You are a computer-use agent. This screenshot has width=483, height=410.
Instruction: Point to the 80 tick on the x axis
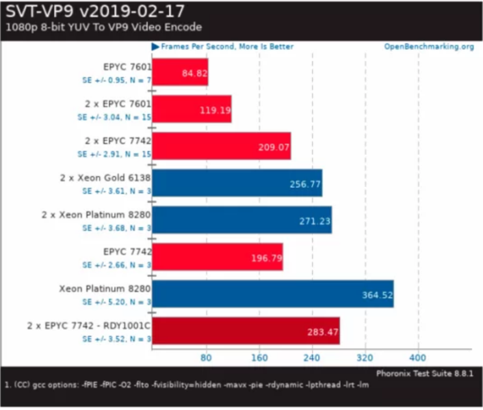coord(206,357)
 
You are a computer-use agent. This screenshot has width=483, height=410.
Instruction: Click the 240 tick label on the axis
coord(312,357)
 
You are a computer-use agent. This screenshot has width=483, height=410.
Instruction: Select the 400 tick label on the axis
coord(419,357)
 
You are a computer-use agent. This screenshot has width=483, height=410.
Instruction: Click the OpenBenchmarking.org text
coord(429,47)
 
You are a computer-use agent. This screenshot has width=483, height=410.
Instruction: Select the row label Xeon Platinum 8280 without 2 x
coord(105,288)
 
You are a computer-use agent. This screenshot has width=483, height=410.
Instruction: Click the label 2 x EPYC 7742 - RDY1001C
coord(88,325)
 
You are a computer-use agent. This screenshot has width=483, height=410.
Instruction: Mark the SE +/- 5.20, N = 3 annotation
coord(113,301)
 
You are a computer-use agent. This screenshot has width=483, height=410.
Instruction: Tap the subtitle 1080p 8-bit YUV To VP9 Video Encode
coord(103,27)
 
